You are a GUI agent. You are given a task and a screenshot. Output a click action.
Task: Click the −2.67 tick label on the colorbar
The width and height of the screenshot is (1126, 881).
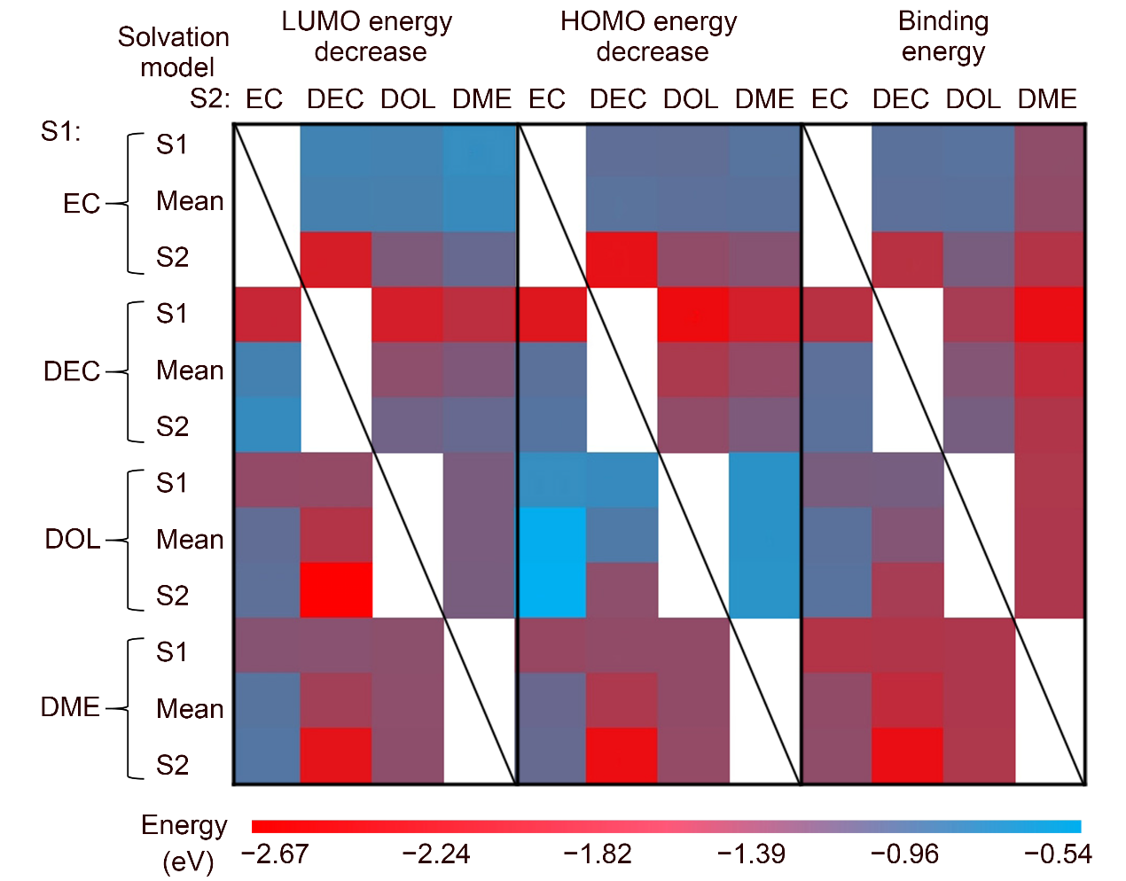click(275, 854)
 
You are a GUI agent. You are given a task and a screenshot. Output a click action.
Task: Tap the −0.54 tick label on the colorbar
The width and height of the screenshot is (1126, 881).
click(1058, 854)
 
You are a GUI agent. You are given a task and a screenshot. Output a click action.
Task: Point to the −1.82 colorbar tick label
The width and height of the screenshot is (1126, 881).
click(598, 854)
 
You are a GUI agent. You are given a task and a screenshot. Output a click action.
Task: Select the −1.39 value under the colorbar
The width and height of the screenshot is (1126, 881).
click(751, 854)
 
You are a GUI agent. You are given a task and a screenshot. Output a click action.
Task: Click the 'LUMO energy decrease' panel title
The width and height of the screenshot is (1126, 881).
click(368, 36)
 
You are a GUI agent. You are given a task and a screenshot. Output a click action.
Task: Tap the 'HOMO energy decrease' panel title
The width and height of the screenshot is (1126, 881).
click(650, 36)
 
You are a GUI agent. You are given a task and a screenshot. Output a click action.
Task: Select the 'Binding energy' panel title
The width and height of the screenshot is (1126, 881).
click(943, 36)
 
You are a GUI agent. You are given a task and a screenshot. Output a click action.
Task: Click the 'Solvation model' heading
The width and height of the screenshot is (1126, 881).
click(175, 51)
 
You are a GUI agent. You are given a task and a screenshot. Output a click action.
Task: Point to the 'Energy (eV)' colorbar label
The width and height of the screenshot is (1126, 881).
click(184, 842)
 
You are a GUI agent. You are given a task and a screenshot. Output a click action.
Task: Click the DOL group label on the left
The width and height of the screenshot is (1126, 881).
click(73, 539)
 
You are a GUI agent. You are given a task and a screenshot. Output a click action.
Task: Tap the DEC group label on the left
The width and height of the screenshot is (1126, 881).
click(72, 370)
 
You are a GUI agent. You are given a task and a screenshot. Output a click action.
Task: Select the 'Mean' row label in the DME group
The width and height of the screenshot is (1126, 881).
click(190, 709)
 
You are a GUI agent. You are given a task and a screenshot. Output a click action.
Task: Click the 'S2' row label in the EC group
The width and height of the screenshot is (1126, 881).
click(173, 258)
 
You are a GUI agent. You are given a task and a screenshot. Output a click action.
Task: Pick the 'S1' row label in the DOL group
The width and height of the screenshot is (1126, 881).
click(172, 483)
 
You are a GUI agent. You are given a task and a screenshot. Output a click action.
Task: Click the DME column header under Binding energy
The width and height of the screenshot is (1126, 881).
click(1047, 99)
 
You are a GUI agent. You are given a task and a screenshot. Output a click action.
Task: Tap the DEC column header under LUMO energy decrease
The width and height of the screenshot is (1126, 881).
click(335, 99)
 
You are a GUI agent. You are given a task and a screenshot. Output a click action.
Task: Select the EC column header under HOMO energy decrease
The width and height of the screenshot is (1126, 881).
click(547, 99)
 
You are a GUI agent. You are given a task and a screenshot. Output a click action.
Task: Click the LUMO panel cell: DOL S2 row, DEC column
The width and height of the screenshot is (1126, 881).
click(336, 590)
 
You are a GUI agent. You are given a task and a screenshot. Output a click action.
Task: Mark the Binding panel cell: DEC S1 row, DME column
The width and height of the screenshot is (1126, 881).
click(1050, 315)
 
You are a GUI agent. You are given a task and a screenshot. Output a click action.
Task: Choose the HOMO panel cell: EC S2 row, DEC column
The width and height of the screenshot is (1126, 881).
click(622, 260)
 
